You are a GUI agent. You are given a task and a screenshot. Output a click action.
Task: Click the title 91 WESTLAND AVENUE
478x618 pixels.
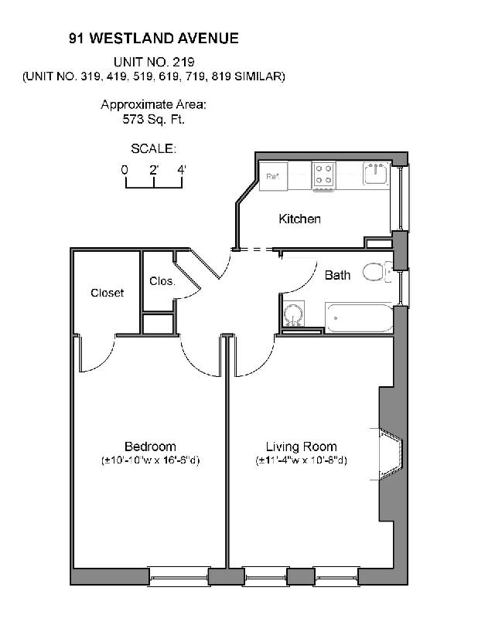(154, 37)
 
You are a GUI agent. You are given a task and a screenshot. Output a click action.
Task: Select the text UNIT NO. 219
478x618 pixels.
(154, 61)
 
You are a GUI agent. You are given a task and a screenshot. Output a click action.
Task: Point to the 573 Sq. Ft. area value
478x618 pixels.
(154, 120)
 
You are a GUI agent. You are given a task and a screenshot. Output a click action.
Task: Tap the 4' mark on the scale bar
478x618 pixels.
(182, 169)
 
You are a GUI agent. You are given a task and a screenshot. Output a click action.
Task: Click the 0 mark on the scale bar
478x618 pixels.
(125, 169)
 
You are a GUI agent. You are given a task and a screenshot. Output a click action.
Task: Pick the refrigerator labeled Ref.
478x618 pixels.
(273, 175)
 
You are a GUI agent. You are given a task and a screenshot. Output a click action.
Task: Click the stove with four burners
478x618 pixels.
(324, 175)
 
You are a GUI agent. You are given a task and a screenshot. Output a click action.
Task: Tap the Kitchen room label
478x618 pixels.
(299, 219)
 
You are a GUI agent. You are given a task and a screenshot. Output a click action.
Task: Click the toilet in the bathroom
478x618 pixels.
(377, 272)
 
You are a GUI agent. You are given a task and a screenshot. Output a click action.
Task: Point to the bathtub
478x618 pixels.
(360, 317)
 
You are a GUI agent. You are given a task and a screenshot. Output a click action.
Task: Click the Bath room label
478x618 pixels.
(337, 275)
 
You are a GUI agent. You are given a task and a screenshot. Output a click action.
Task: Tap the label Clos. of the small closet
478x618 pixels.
(162, 281)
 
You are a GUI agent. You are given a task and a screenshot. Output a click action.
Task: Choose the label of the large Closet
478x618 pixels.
(107, 293)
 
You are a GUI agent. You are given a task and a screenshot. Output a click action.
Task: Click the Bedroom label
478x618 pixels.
(150, 447)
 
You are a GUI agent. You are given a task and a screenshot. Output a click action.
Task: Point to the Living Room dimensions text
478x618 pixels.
(301, 461)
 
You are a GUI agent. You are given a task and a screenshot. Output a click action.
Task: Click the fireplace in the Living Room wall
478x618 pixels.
(391, 452)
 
